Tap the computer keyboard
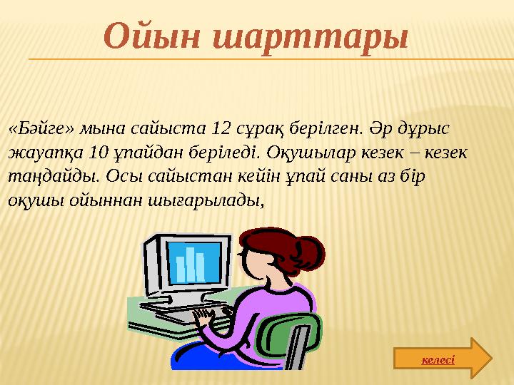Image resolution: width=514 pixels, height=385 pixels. tap(178, 314)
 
